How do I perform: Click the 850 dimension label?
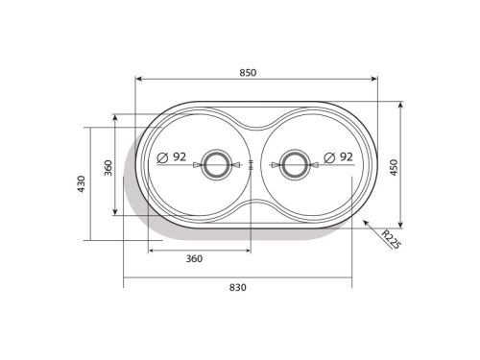pyautogui.click(x=248, y=73)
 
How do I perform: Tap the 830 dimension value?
pyautogui.click(x=238, y=287)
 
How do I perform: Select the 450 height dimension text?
pyautogui.click(x=394, y=167)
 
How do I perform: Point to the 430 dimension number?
pyautogui.click(x=82, y=183)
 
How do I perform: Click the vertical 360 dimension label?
pyautogui.click(x=108, y=168)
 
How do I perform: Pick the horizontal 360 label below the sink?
pyautogui.click(x=194, y=258)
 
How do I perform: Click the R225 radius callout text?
pyautogui.click(x=391, y=239)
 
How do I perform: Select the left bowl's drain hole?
pyautogui.click(x=216, y=165)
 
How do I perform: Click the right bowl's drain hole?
pyautogui.click(x=295, y=165)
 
